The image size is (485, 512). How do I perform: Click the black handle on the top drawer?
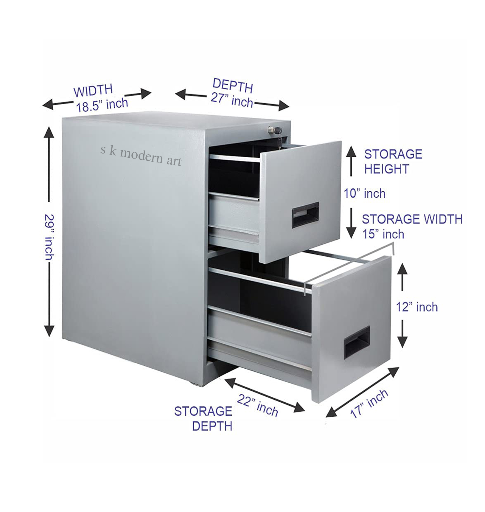coord(305,215)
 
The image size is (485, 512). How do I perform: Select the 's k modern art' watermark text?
coord(141,156)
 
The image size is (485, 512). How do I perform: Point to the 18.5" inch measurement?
coord(102,105)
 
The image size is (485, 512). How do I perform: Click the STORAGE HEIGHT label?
coord(393,162)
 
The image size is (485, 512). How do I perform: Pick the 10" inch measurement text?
coord(365,194)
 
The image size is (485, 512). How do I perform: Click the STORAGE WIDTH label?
coord(412,219)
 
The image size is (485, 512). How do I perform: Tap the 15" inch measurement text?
coord(383,234)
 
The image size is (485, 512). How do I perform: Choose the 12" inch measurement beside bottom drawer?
coord(417,307)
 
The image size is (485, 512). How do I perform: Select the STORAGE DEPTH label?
coord(203,418)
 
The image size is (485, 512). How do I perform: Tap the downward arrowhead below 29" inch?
coord(49,331)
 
